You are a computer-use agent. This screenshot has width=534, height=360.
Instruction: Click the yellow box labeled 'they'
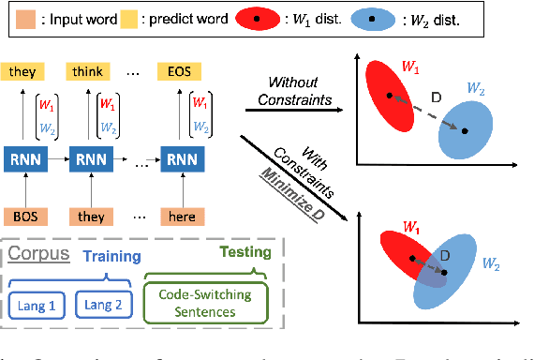coord(22,71)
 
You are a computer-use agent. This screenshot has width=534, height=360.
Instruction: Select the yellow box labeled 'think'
coord(91,71)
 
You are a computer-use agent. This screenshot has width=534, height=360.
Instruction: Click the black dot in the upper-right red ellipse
coord(391,95)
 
